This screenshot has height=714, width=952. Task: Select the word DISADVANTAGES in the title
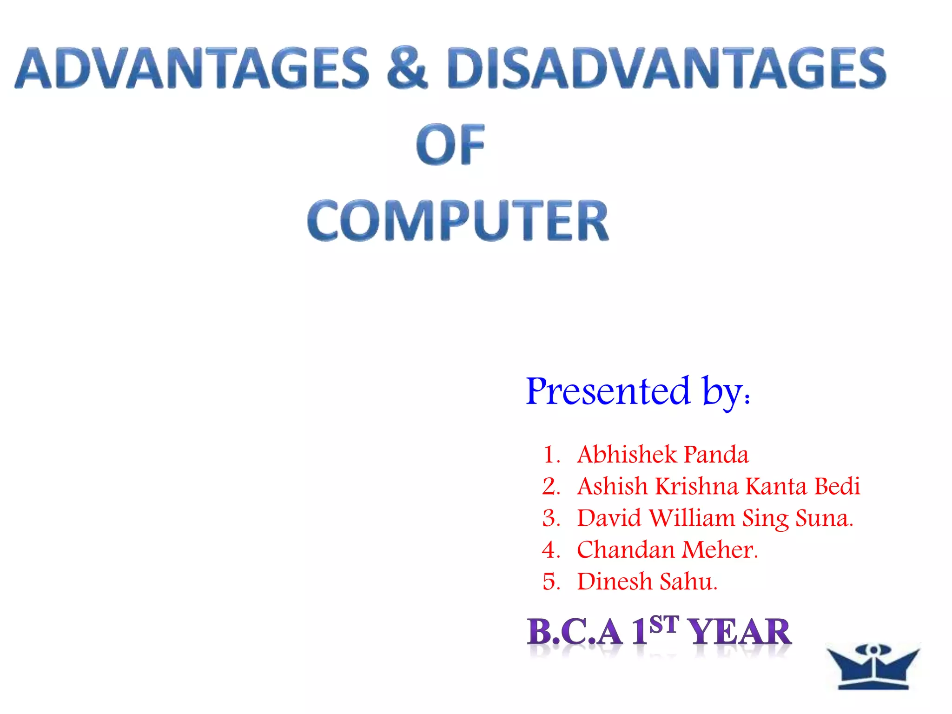point(666,68)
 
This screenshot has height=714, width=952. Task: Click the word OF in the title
point(450,145)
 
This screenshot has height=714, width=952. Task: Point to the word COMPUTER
point(458,220)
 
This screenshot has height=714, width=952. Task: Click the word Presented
point(608,391)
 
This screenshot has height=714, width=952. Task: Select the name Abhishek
point(627,454)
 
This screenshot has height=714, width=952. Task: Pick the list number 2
point(551,486)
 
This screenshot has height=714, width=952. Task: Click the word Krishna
point(696,486)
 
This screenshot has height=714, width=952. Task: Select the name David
point(609,518)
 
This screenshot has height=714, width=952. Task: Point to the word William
point(692,518)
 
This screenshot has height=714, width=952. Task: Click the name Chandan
point(625,550)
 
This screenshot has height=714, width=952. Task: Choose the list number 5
point(551,582)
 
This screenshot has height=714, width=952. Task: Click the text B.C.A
point(575,632)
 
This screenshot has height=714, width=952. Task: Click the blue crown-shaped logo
point(873,667)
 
